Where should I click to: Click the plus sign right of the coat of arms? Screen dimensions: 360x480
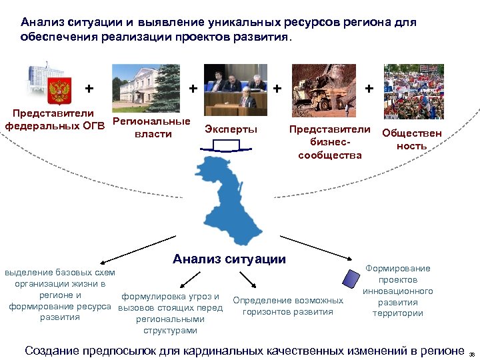click(89, 88)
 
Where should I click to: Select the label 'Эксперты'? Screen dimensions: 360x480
click(231, 129)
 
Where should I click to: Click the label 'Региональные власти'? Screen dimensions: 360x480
click(152, 128)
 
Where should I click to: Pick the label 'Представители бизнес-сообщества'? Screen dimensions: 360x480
click(329, 142)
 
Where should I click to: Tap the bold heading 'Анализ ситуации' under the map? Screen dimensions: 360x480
click(229, 259)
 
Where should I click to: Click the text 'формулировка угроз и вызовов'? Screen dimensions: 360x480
click(170, 302)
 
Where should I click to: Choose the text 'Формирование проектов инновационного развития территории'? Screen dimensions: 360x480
click(398, 291)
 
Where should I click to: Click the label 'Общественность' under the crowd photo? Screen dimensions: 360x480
click(411, 139)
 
